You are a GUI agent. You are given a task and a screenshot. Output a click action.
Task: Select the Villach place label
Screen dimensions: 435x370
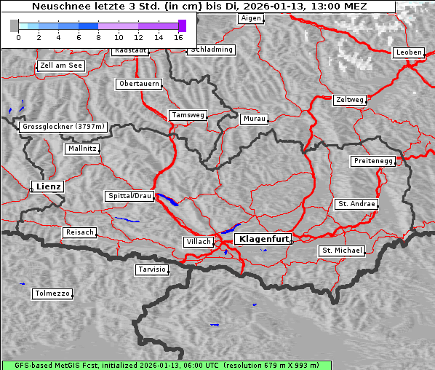(197, 241)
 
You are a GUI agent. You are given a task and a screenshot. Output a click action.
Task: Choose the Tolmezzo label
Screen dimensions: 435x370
(52, 294)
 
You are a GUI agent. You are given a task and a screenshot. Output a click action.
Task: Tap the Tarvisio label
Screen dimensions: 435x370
(152, 269)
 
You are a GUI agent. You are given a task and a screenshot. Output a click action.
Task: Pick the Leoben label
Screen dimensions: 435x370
(408, 52)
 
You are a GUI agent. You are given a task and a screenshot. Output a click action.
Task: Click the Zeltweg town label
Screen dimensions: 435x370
(349, 99)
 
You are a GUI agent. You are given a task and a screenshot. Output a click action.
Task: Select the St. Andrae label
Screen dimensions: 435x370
(356, 204)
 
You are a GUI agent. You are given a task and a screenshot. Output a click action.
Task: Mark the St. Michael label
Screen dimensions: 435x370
(341, 251)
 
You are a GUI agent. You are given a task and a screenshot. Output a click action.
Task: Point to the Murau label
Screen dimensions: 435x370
(255, 118)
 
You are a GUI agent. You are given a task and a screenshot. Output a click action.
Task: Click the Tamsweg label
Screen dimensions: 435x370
(188, 115)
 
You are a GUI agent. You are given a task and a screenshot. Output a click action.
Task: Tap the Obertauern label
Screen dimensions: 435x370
(138, 84)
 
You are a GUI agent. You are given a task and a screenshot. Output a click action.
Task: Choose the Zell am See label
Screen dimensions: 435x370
(60, 66)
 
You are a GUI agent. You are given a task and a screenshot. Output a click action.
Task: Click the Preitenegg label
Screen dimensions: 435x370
(373, 160)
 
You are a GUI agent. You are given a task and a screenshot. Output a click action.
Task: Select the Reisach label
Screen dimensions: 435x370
(79, 232)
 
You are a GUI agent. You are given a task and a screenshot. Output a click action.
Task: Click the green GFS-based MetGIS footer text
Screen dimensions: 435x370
(160, 365)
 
